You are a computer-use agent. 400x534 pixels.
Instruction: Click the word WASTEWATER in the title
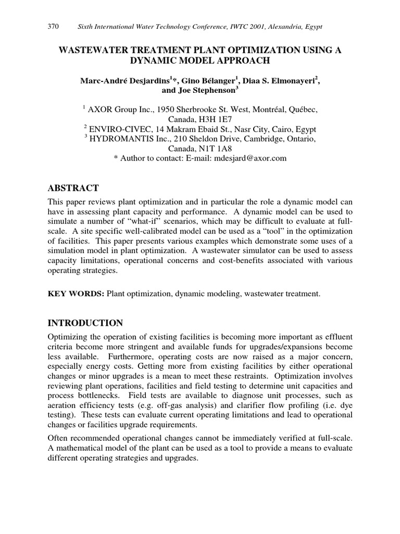coord(96,50)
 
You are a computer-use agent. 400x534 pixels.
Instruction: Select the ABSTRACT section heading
coord(73,188)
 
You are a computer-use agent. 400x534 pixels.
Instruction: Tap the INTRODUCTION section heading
coord(85,323)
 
